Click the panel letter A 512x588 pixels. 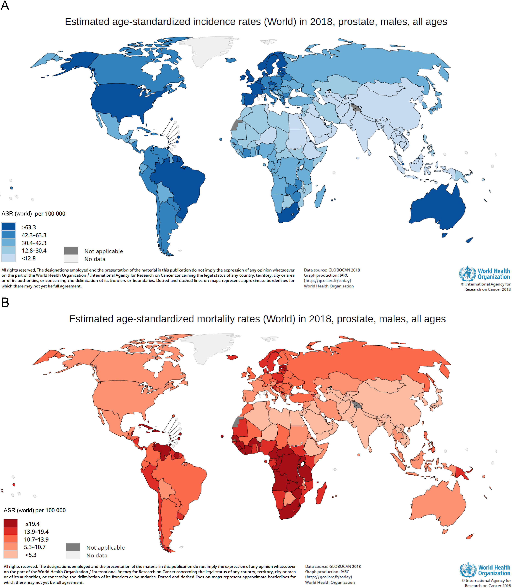tap(5, 5)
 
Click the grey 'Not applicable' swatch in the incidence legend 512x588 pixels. tap(71, 251)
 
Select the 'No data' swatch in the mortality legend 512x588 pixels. tap(73, 555)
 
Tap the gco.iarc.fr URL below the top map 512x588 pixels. tap(327, 280)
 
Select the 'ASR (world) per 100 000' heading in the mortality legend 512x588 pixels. tap(34, 510)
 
